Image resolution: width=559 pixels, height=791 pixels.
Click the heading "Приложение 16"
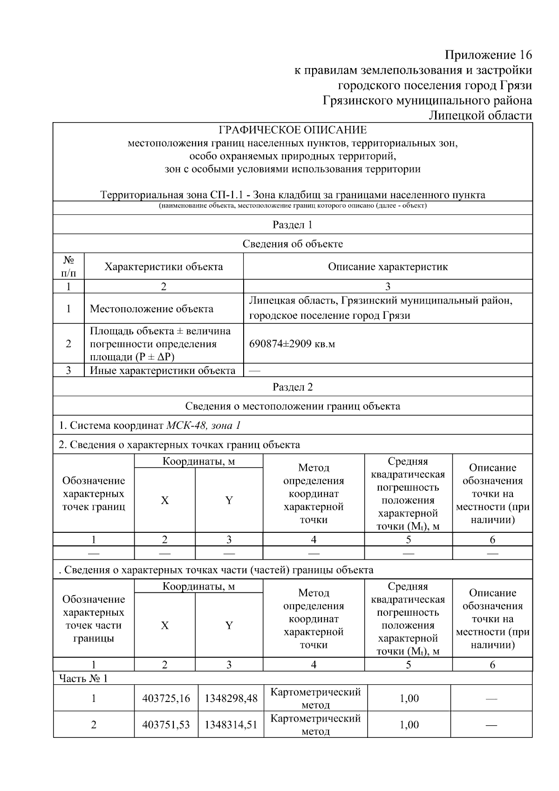click(x=488, y=55)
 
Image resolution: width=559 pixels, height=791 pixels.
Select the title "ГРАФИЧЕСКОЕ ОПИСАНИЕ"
click(x=293, y=130)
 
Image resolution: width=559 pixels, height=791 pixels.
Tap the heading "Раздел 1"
click(x=293, y=225)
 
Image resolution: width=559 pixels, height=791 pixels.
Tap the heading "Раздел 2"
click(x=293, y=387)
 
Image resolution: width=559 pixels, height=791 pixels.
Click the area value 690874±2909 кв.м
click(x=292, y=344)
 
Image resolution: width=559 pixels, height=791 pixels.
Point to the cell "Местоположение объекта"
click(x=151, y=309)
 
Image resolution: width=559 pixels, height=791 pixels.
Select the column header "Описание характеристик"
click(x=388, y=267)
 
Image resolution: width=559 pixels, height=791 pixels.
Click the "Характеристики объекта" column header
click(x=164, y=267)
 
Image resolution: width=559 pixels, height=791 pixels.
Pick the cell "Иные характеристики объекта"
click(x=162, y=371)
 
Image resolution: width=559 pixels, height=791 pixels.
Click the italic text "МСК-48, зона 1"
click(x=204, y=425)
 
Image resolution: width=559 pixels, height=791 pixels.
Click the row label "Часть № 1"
click(x=83, y=678)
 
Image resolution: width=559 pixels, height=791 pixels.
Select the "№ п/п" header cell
click(x=68, y=267)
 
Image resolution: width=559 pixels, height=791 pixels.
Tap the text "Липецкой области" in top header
click(x=480, y=115)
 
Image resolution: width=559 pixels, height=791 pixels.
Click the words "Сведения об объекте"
click(x=293, y=244)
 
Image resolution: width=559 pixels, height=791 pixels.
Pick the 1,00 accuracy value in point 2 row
click(x=409, y=724)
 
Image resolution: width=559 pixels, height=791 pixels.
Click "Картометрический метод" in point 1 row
click(x=315, y=698)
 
